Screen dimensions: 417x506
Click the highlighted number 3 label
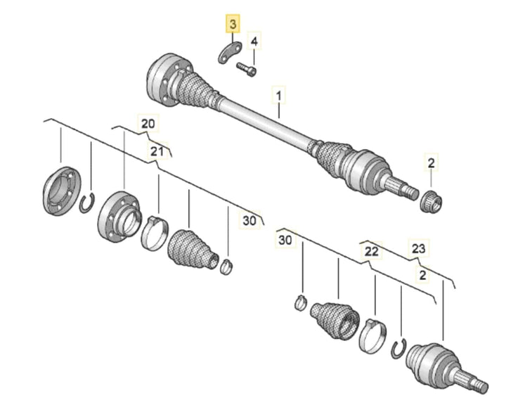click(x=232, y=25)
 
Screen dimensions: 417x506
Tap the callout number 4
click(x=254, y=42)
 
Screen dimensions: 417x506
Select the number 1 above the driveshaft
click(x=279, y=93)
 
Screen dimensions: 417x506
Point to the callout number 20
click(x=146, y=124)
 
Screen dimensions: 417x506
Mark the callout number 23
click(x=419, y=248)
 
